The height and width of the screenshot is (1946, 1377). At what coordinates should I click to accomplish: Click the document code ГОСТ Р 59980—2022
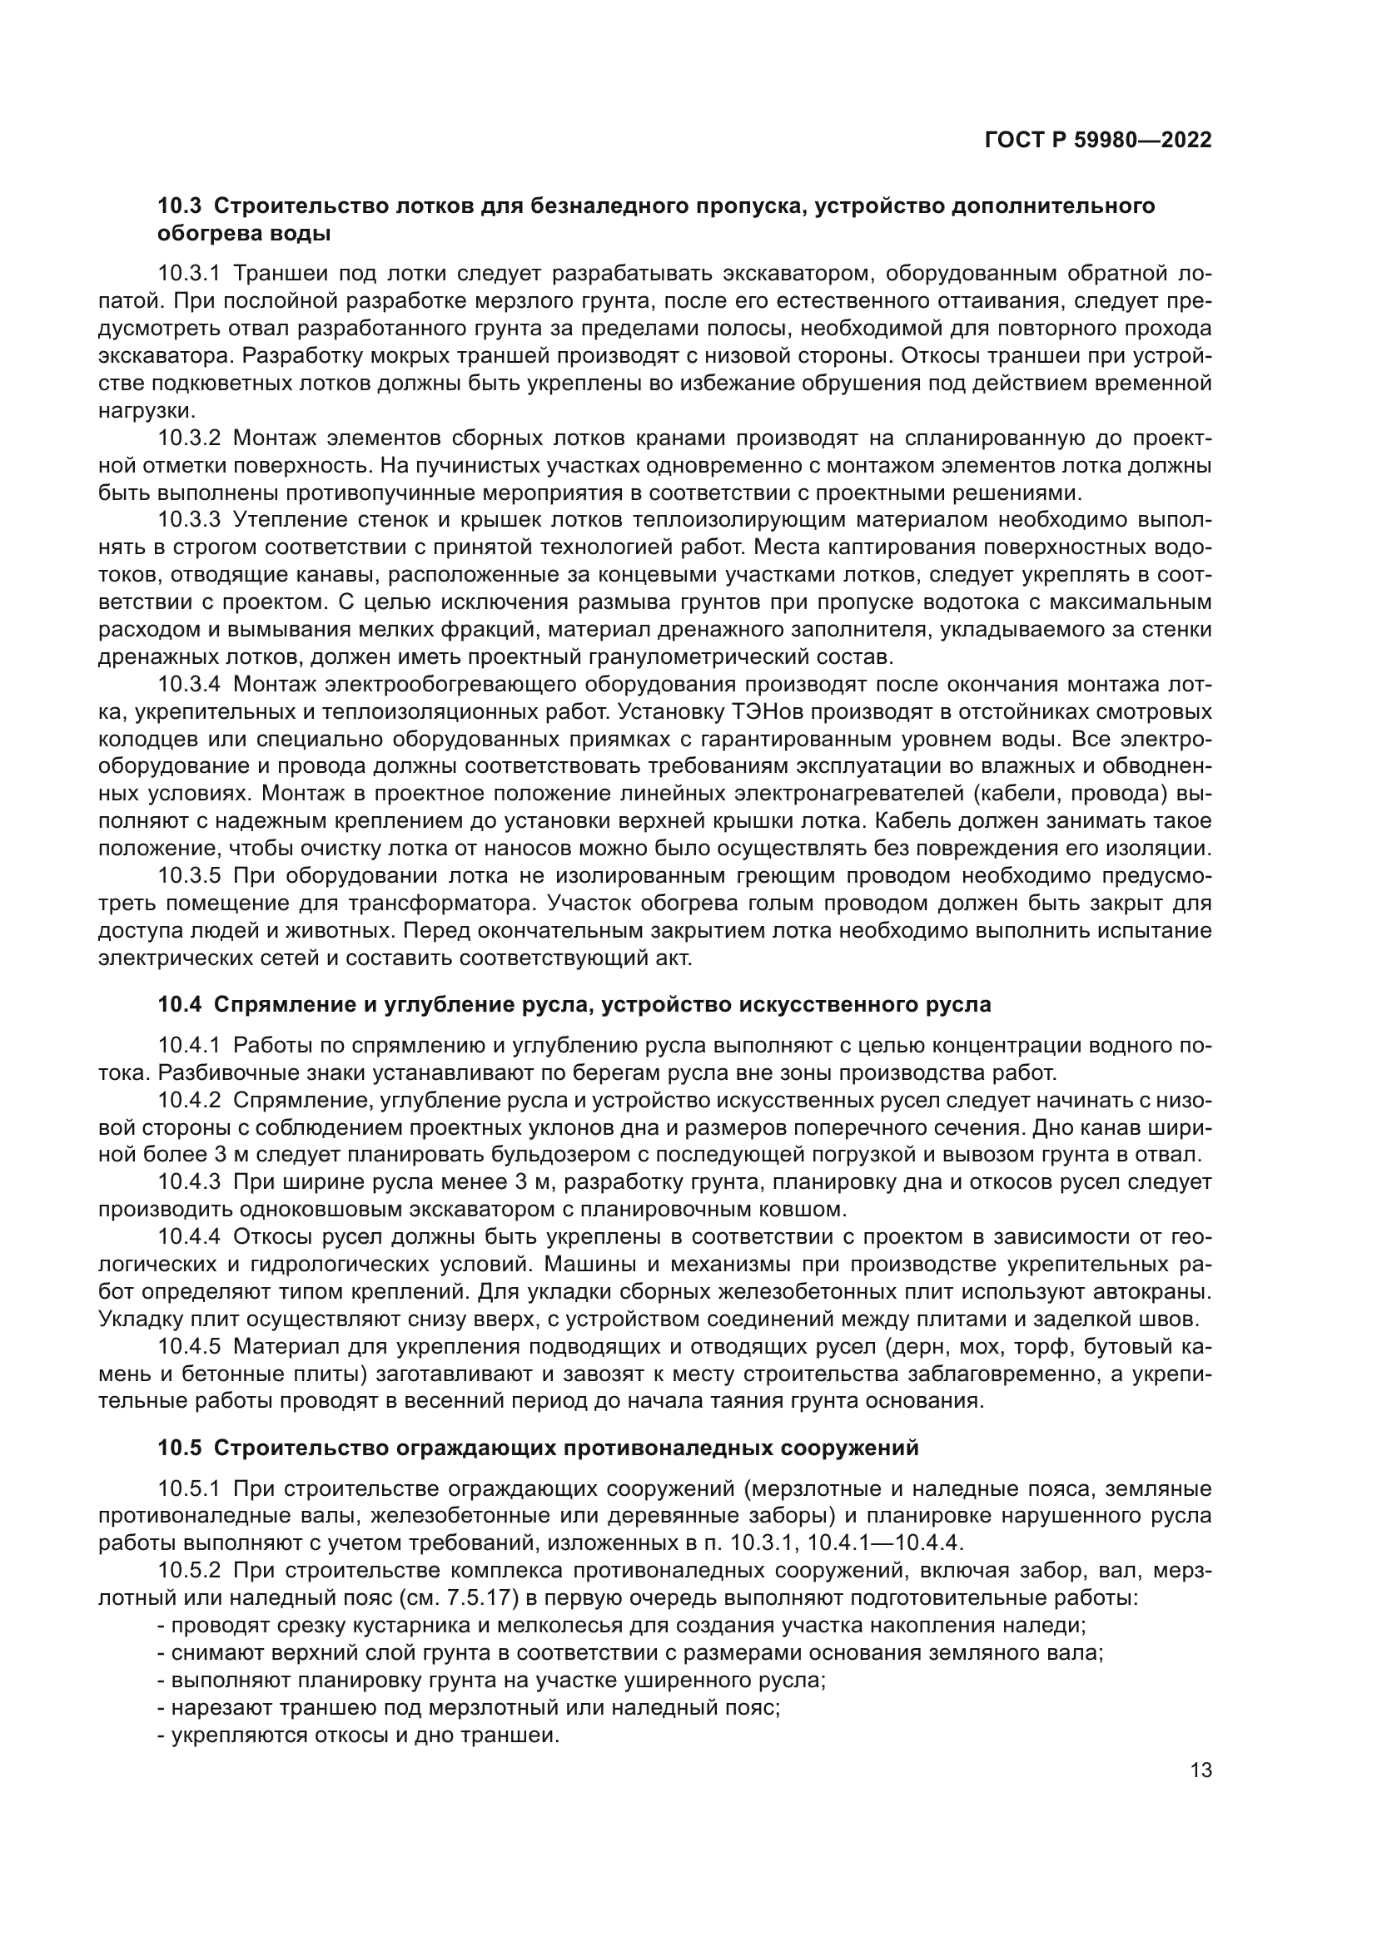coord(1098,141)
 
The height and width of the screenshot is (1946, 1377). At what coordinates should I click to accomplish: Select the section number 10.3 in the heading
coord(179,206)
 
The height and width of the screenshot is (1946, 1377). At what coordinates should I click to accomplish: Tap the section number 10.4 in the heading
coord(179,1004)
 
